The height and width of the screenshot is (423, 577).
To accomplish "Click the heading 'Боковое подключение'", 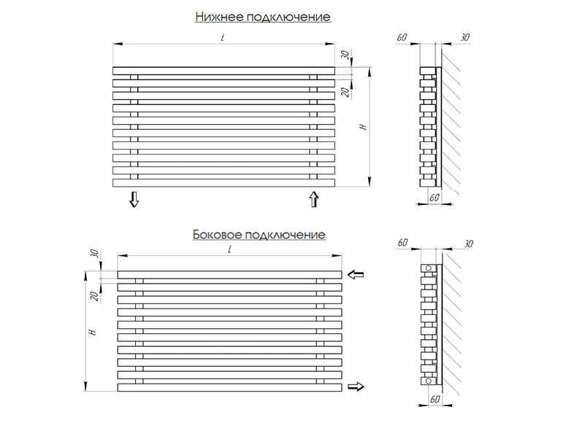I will coord(259,235).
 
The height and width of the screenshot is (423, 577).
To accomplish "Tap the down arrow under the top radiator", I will coord(134,199).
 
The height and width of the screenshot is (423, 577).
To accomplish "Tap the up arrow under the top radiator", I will coord(314,199).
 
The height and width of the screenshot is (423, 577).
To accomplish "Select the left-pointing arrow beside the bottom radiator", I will coord(356,275).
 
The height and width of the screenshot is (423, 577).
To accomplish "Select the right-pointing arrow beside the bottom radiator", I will coord(356,387).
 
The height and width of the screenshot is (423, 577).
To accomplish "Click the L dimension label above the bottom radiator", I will coord(229,249).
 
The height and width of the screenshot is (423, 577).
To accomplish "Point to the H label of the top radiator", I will coord(362,127).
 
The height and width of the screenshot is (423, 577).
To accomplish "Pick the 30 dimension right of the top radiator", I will coord(345,55).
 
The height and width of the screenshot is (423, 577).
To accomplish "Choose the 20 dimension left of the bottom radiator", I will coord(94,295).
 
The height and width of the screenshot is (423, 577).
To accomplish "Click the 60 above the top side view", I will coord(402,36).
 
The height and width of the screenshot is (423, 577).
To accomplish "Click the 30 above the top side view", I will coord(465,36).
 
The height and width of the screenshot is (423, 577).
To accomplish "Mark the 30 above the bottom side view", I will coord(468,243).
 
